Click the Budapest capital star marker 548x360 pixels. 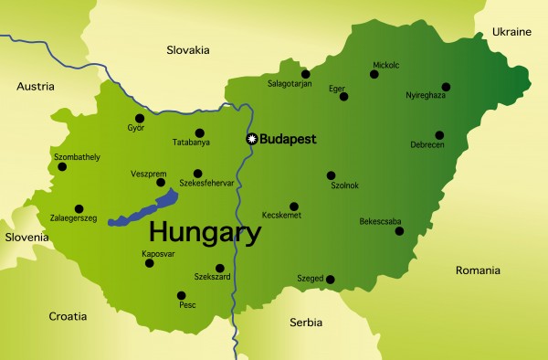pyautogui.click(x=253, y=139)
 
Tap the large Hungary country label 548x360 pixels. pyautogui.click(x=205, y=230)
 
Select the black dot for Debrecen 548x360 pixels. pyautogui.click(x=439, y=135)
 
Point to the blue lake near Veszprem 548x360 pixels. pyautogui.click(x=146, y=209)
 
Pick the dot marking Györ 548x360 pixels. pyautogui.click(x=140, y=118)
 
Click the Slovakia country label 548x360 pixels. pyautogui.click(x=187, y=49)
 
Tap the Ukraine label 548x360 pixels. pyautogui.click(x=511, y=32)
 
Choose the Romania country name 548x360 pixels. pyautogui.click(x=478, y=270)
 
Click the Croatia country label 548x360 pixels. pyautogui.click(x=68, y=316)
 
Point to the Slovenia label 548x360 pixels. pyautogui.click(x=25, y=238)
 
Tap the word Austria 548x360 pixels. pyautogui.click(x=37, y=86)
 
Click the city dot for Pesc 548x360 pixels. pyautogui.click(x=181, y=295)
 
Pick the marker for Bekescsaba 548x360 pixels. pyautogui.click(x=398, y=231)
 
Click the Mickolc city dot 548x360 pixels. pyautogui.click(x=375, y=77)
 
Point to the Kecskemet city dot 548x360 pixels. pyautogui.click(x=293, y=206)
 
